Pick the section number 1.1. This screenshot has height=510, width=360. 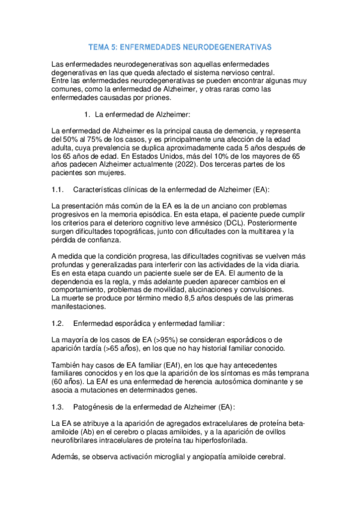click(x=58, y=190)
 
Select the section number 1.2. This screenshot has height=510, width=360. click(x=58, y=324)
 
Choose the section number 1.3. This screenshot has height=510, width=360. click(x=58, y=407)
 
